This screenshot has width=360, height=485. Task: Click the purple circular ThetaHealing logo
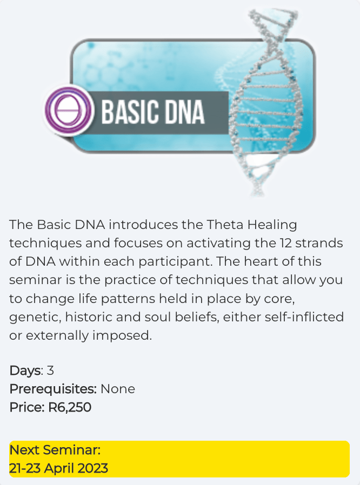(69, 111)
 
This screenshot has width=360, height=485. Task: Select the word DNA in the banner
(184, 112)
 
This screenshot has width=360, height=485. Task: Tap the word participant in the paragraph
(176, 262)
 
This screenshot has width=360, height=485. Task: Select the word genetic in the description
(35, 318)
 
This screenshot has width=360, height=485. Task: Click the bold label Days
(25, 371)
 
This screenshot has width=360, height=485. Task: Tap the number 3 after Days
(50, 371)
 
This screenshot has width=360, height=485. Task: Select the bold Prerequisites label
(53, 389)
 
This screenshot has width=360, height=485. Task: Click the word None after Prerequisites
(118, 389)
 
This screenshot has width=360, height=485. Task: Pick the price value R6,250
(70, 407)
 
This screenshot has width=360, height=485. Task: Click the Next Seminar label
(55, 450)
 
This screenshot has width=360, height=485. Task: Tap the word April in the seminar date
(59, 469)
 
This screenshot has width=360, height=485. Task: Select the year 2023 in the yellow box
(93, 468)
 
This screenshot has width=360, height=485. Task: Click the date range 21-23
(25, 468)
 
